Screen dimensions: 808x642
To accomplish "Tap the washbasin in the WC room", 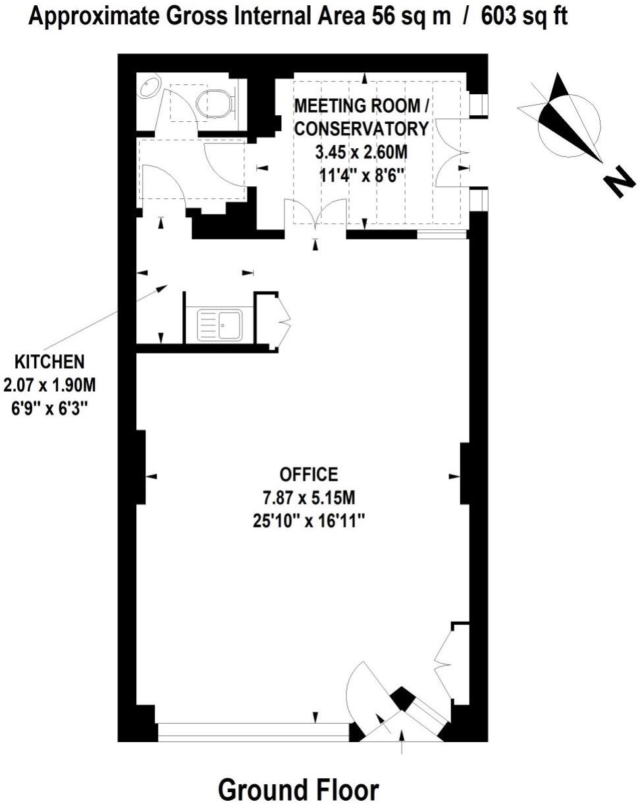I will click(149, 86).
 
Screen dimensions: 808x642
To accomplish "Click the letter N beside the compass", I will click(620, 182).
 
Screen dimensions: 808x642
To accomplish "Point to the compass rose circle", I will click(568, 125).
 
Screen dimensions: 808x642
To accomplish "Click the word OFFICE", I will click(309, 474).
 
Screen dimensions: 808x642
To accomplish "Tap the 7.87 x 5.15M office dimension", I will click(309, 497).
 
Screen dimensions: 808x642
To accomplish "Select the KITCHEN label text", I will click(50, 362).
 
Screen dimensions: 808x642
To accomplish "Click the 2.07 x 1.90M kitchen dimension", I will click(50, 384).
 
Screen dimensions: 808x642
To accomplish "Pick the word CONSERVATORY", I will click(361, 128).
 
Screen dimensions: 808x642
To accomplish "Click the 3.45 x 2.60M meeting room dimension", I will click(361, 153).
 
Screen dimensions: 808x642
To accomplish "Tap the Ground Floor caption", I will click(298, 789).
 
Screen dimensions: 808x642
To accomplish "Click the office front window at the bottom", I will click(254, 731).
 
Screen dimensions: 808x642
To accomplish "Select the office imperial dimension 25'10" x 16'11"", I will click(309, 520).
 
